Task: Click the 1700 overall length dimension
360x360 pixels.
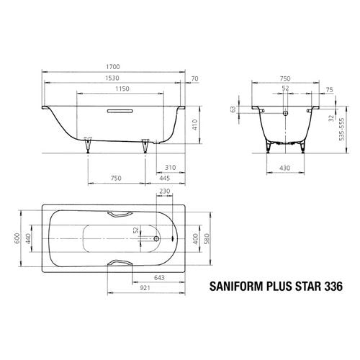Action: pyautogui.click(x=113, y=67)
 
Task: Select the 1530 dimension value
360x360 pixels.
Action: pyautogui.click(x=112, y=78)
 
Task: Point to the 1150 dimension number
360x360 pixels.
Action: pyautogui.click(x=122, y=89)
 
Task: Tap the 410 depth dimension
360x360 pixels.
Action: pyautogui.click(x=195, y=125)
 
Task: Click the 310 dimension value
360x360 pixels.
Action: pyautogui.click(x=170, y=168)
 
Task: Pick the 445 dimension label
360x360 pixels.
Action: pyautogui.click(x=165, y=178)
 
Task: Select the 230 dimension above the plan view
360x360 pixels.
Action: pyautogui.click(x=165, y=192)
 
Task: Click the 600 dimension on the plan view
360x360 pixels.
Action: pyautogui.click(x=17, y=238)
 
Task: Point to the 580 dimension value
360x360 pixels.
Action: pyautogui.click(x=207, y=239)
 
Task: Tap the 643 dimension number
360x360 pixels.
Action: pyautogui.click(x=159, y=278)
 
